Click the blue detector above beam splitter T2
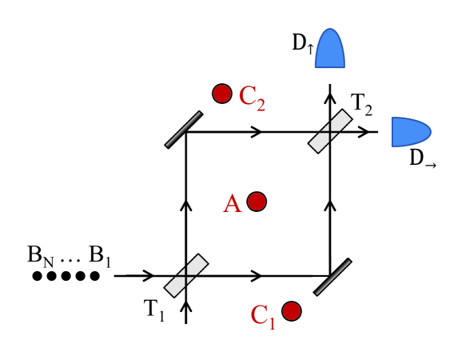[x=329, y=50]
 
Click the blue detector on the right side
[x=409, y=131]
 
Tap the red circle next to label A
[x=257, y=202]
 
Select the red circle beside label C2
[x=222, y=94]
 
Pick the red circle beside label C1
[x=291, y=310]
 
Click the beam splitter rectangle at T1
[x=186, y=275]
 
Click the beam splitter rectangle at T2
[x=331, y=131]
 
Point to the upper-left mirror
[x=183, y=130]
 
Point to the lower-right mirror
[x=332, y=277]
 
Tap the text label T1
[x=154, y=310]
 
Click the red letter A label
[x=232, y=205]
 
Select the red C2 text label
[x=252, y=97]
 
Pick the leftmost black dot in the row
[x=37, y=276]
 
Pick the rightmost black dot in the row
[x=94, y=276]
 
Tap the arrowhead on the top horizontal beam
[x=256, y=131]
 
